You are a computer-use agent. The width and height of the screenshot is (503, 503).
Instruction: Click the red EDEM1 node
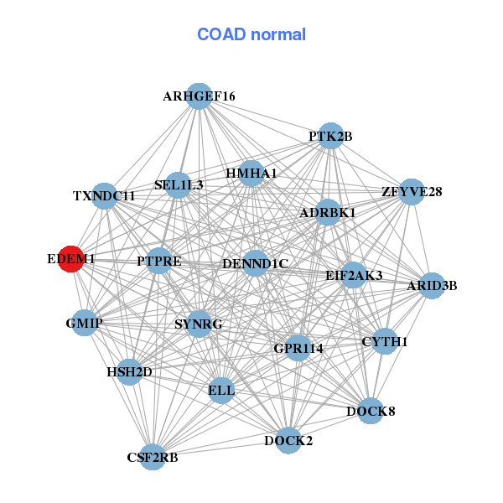(70, 260)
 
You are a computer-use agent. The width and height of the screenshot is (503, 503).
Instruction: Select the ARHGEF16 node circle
(199, 96)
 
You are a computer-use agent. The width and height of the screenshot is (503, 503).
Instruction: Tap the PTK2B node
(330, 136)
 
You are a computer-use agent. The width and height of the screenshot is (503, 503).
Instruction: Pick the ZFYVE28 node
(411, 192)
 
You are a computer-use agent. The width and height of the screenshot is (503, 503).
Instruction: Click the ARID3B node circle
(432, 286)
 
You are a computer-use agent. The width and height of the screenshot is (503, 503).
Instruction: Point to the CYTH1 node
(384, 341)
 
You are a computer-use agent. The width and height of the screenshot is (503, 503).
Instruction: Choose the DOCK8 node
(371, 411)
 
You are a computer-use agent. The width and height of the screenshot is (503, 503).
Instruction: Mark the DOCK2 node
(288, 440)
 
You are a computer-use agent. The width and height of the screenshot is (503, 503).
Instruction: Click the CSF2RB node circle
(152, 457)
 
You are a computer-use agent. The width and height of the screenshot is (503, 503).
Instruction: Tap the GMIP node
(84, 323)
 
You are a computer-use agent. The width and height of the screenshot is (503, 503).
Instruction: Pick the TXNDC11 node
(104, 196)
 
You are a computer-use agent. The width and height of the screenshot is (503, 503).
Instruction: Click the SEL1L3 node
(178, 184)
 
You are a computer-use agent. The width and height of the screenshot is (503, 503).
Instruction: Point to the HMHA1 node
(251, 174)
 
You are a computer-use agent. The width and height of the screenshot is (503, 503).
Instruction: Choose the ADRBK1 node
(328, 212)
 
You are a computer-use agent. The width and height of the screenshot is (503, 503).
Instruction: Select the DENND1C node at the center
(255, 264)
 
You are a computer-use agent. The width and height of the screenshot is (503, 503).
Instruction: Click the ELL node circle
(221, 390)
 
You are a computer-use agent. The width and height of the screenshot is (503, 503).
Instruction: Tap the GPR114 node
(298, 347)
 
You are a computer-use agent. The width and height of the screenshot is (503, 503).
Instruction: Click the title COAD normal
(251, 34)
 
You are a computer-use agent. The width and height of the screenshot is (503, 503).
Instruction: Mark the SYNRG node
(198, 324)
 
